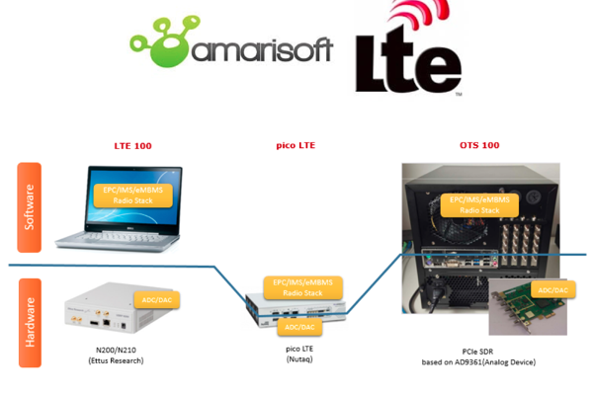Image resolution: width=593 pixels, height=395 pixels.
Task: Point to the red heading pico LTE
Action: click(296, 145)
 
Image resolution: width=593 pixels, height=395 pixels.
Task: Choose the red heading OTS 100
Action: click(479, 145)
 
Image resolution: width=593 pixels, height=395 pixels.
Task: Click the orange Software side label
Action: click(29, 204)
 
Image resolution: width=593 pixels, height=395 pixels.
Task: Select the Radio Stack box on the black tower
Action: click(479, 204)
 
